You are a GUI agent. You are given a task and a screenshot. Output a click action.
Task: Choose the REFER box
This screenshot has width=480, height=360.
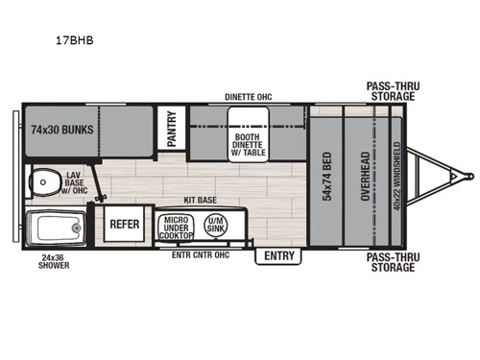click(125, 224)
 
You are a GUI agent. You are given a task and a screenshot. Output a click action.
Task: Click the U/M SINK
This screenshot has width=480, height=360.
click(218, 225)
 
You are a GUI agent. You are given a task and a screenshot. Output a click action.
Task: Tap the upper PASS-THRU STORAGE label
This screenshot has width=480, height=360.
click(391, 90)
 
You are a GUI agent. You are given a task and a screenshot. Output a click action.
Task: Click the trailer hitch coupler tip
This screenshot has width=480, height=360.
click(469, 175)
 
